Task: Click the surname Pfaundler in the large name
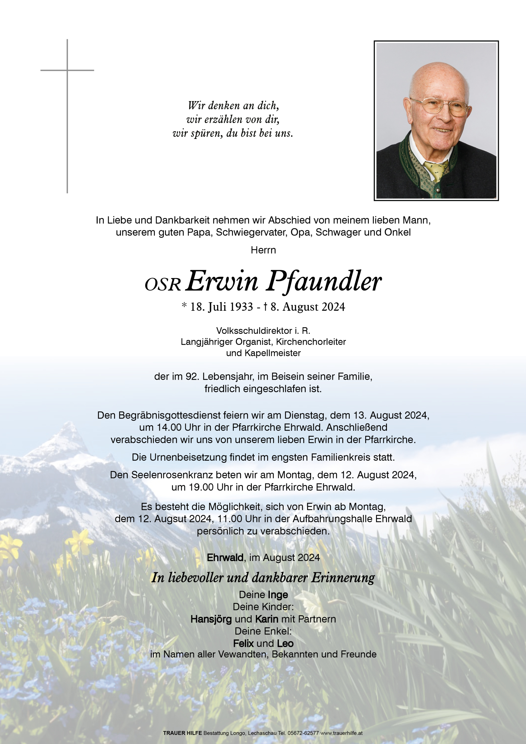tap(324, 281)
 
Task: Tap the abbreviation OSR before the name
tap(162, 284)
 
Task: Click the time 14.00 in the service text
tap(169, 427)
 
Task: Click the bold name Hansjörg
tap(211, 619)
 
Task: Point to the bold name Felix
tap(243, 643)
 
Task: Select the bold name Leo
tap(285, 643)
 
